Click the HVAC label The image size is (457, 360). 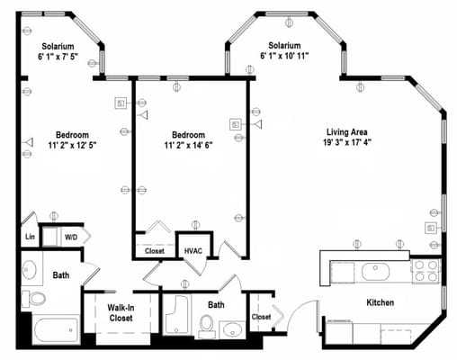point(193,251)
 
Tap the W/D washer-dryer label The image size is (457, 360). point(71,238)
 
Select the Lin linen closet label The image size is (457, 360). point(30,237)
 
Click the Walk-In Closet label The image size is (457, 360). point(121,312)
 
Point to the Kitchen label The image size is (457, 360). point(381,302)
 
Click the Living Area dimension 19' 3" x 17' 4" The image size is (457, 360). point(347,142)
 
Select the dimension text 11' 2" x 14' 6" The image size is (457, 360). point(188,145)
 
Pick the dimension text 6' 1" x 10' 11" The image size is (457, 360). point(284,56)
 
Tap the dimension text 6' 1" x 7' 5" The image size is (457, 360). point(58,57)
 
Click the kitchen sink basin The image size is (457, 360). point(375,272)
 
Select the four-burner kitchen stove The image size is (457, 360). point(426,271)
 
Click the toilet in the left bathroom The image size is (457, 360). point(34,299)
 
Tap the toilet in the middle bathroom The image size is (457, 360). point(207,326)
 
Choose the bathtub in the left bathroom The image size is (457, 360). point(56,329)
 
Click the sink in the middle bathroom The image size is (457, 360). point(232,329)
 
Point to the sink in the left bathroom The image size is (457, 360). point(29,268)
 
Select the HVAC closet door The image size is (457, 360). point(195,266)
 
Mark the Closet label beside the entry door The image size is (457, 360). point(261,317)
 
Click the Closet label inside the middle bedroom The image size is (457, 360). point(155,251)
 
